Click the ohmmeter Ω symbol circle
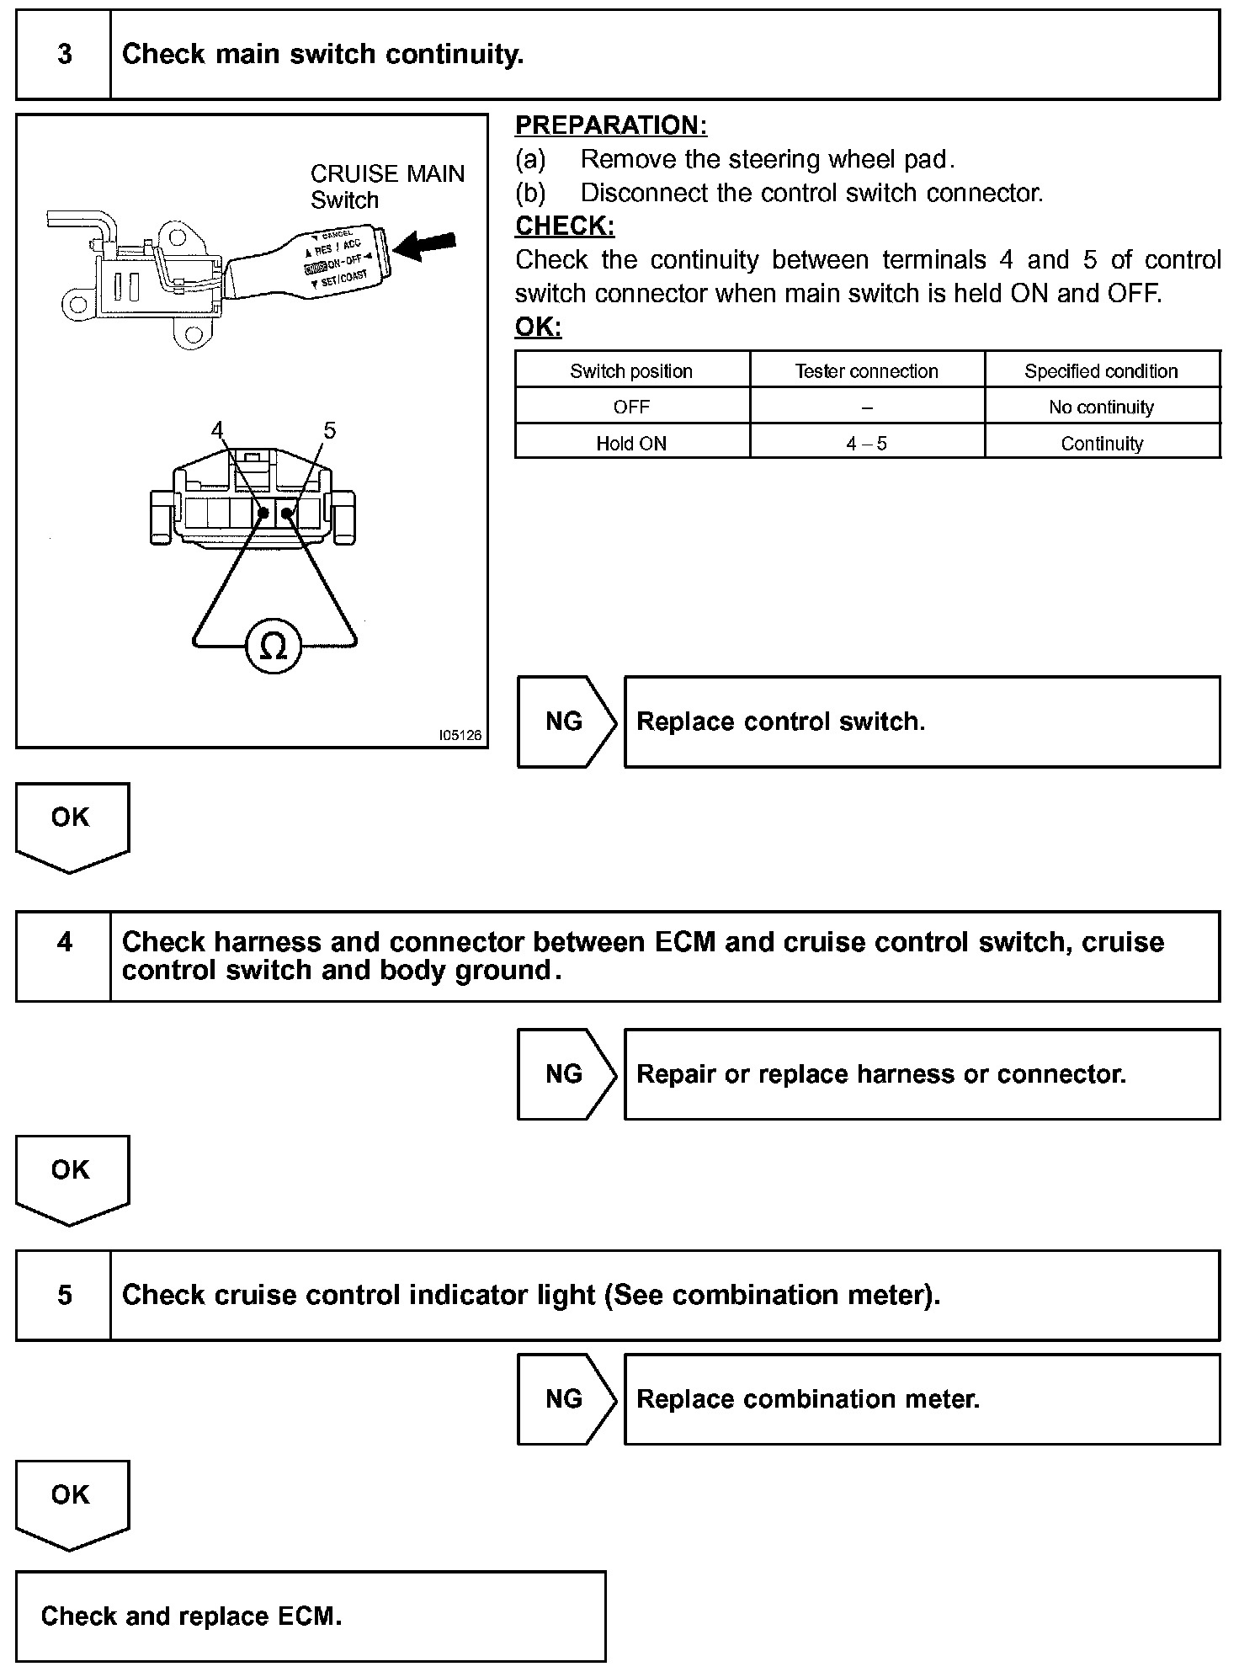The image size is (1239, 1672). coord(274,647)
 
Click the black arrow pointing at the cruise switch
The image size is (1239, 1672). coord(425,246)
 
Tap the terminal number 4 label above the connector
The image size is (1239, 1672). coord(218,430)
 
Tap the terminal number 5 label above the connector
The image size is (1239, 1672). coord(329,430)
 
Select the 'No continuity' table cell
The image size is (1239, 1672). coord(1101,407)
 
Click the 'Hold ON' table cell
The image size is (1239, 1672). coord(631,444)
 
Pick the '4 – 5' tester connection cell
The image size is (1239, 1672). coord(866,444)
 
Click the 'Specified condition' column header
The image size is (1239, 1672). coord(1101,371)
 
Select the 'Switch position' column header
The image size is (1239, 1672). coord(631,371)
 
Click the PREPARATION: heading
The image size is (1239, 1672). coord(611,125)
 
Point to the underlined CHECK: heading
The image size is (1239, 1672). coord(565,226)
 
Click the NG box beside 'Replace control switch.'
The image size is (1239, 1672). coord(564,722)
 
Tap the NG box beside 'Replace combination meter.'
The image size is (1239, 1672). coord(564,1399)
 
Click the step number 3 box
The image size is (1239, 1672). coord(64,55)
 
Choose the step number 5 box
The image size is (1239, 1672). coord(64,1295)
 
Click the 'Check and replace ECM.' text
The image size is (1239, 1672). coord(192,1616)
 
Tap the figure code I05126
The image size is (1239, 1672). coord(460,735)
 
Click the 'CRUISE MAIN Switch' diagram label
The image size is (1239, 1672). coord(386,186)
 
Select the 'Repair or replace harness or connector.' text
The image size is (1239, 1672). coord(881,1074)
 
